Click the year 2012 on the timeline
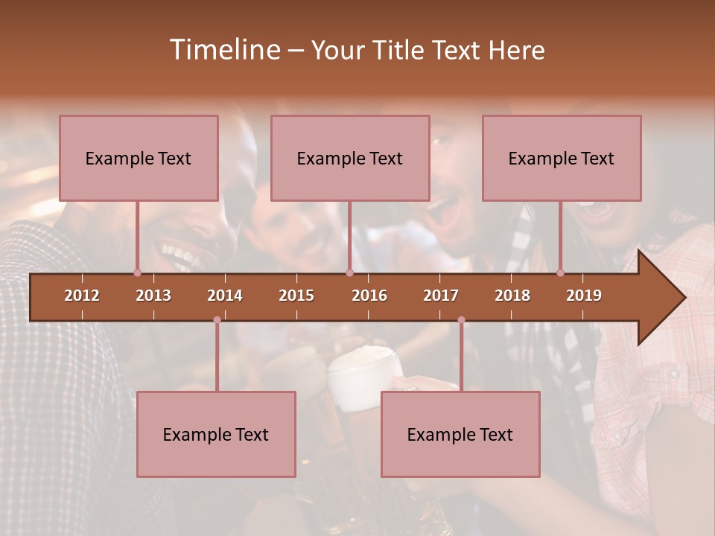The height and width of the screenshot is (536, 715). pos(82,296)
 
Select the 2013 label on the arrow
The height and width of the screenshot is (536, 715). pos(153,296)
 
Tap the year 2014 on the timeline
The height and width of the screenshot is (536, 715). pos(225,296)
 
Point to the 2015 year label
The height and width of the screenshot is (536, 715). pos(296,296)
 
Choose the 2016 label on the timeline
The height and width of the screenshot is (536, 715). pos(369,296)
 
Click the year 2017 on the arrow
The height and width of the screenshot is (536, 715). pos(441,296)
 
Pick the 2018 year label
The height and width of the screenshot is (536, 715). pos(512,296)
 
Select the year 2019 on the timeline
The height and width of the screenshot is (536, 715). pos(584,296)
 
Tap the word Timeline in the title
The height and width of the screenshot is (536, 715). pos(224,50)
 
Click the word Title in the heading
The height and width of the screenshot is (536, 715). pos(399,51)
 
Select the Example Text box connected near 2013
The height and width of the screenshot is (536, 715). pos(139,159)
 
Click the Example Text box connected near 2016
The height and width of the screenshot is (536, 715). pos(350,159)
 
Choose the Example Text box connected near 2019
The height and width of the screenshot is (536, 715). pos(562,159)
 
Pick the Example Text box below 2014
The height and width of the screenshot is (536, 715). pos(216,435)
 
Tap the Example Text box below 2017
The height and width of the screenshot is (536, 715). pos(460,435)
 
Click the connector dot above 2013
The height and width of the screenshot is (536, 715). pos(137,272)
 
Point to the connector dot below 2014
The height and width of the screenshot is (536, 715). pos(217,320)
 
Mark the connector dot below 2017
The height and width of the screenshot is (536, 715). pos(461,320)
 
